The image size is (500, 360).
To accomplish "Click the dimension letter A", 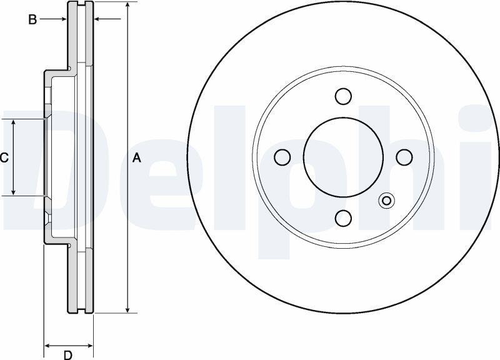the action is tap(136, 158).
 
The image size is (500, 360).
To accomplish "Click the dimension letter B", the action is tap(32, 20).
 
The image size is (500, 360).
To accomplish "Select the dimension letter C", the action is tap(4, 157).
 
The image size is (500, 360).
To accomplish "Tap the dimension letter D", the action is tap(68, 354).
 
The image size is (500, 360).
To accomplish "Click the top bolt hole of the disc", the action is tap(343, 96).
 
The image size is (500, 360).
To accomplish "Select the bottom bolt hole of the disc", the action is tap(343, 218).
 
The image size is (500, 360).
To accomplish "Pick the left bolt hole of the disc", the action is tap(282, 157).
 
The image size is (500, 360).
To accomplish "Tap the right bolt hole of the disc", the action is tap(404, 157).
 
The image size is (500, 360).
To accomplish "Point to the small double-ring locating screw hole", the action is tap(386, 201).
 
